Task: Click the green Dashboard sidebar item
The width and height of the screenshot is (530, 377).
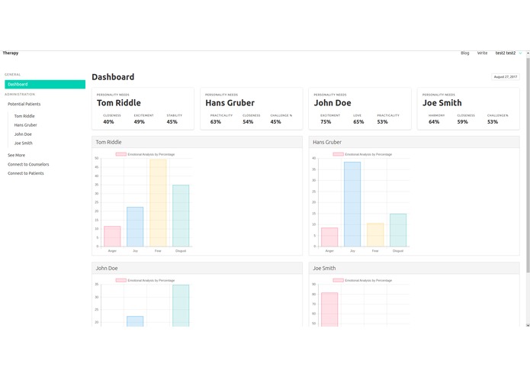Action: [44, 84]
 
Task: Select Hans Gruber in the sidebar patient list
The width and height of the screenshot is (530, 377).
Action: [25, 124]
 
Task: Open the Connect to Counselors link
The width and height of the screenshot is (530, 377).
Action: [28, 164]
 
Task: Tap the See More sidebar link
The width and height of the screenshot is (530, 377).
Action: [16, 155]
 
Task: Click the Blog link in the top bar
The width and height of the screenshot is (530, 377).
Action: [465, 53]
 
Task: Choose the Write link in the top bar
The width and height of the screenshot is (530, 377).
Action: [482, 53]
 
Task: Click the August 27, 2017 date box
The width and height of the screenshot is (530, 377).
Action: [506, 77]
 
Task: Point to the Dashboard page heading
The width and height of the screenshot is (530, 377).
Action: [113, 77]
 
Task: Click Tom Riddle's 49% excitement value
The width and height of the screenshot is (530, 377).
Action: [140, 122]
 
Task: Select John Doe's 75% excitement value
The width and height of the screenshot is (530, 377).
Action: [326, 122]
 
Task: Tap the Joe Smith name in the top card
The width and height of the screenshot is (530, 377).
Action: [442, 103]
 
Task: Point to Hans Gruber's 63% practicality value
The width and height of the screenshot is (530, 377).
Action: [216, 122]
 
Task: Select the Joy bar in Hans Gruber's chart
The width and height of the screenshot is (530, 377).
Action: [352, 204]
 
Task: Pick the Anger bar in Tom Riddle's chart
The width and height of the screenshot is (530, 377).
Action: [112, 236]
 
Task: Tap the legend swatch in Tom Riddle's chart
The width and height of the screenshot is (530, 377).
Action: [121, 154]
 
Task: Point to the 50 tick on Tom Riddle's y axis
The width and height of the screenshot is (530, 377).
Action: [97, 159]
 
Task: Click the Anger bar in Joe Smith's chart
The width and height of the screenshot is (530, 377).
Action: [329, 308]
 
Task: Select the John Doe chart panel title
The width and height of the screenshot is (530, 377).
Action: [106, 269]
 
